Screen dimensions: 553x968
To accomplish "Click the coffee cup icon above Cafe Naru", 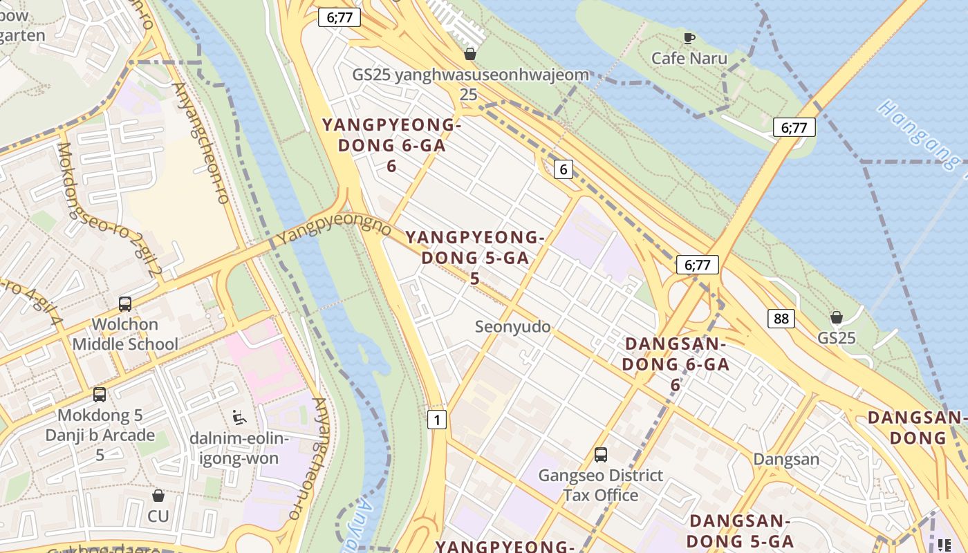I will click(x=689, y=38).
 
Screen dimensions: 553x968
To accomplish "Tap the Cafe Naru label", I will click(x=689, y=58).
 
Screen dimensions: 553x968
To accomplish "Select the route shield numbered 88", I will click(x=781, y=319).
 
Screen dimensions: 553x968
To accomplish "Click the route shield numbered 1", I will click(x=436, y=420).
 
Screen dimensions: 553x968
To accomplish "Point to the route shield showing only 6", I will click(x=564, y=169).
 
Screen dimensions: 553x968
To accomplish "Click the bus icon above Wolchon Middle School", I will click(x=125, y=303).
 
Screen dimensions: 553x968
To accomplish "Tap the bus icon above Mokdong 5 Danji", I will click(x=100, y=395).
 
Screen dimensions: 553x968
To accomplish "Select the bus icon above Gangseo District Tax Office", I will click(x=601, y=455).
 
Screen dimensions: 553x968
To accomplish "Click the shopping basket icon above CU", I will click(x=158, y=496).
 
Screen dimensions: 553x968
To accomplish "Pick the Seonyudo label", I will click(x=512, y=326).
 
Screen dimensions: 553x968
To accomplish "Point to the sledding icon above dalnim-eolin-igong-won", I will click(x=239, y=417).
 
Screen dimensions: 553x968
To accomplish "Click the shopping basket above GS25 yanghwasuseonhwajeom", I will click(x=470, y=54).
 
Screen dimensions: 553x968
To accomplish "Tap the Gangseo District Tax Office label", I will click(x=600, y=485).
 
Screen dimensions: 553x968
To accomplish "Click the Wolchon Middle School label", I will click(x=125, y=334).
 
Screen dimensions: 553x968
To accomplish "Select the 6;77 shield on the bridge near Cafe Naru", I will click(x=794, y=127).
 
